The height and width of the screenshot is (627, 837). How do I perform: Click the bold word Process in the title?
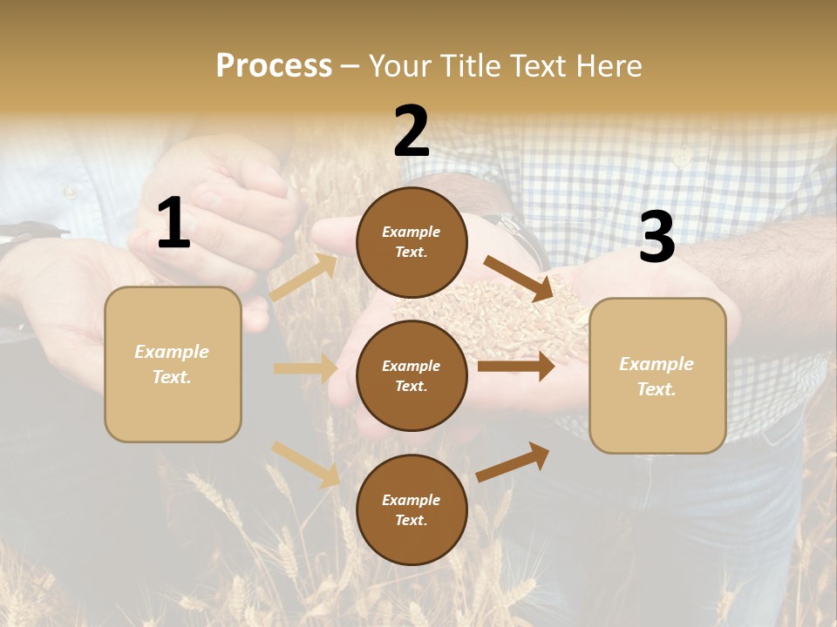pyautogui.click(x=274, y=65)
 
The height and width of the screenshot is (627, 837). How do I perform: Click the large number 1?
pyautogui.click(x=174, y=224)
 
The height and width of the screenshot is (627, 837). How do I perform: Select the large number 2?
pyautogui.click(x=411, y=131)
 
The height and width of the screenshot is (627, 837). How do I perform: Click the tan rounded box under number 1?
pyautogui.click(x=173, y=364)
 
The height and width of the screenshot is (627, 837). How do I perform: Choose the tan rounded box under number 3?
pyautogui.click(x=657, y=375)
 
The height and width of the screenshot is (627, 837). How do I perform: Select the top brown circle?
pyautogui.click(x=412, y=242)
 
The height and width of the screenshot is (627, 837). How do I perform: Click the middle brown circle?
pyautogui.click(x=412, y=375)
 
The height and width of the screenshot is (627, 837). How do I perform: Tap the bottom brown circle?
pyautogui.click(x=412, y=509)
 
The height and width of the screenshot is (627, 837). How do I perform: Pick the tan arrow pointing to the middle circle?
pyautogui.click(x=305, y=368)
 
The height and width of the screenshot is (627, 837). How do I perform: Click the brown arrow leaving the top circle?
pyautogui.click(x=518, y=278)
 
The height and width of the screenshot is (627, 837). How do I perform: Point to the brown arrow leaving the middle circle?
pyautogui.click(x=516, y=366)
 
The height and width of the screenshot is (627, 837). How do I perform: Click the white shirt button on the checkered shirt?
pyautogui.click(x=682, y=157)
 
